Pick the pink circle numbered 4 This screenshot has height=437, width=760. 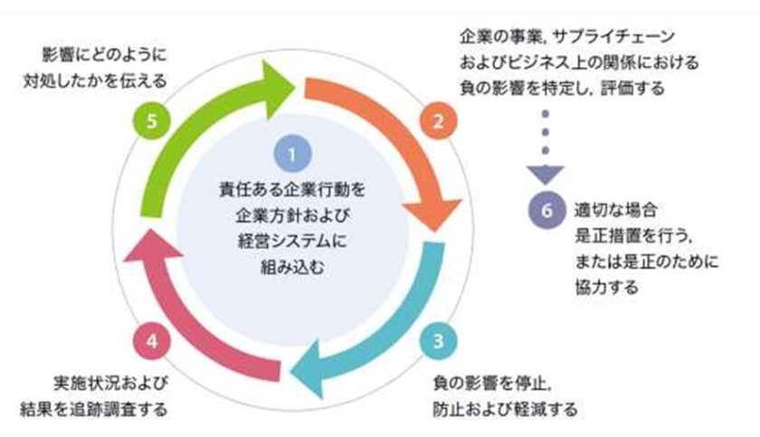point(152,341)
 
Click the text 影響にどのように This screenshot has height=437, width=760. point(106,52)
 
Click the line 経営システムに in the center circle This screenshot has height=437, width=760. point(292,242)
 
